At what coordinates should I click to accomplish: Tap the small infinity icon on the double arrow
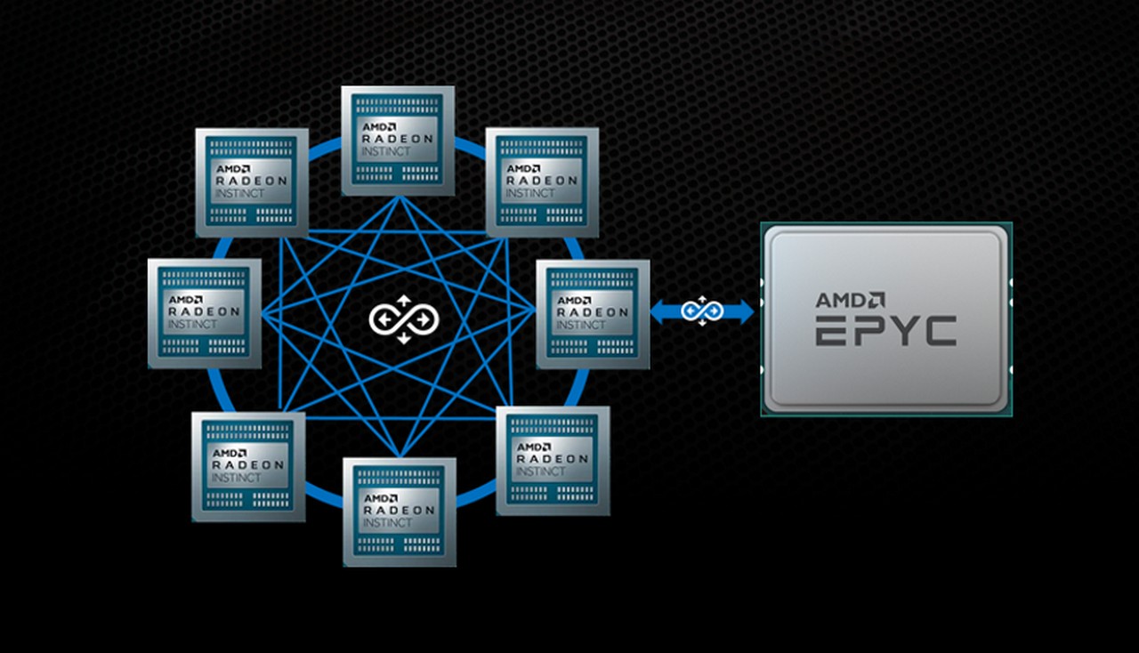tap(702, 310)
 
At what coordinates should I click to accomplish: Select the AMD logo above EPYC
tap(850, 300)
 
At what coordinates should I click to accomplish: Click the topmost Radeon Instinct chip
tap(398, 141)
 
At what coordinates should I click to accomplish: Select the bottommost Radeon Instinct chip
tap(400, 512)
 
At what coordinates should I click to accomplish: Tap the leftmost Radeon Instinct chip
tap(205, 313)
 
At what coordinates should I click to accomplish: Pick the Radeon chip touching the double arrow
tap(593, 314)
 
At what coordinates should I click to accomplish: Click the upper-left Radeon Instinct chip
tap(252, 182)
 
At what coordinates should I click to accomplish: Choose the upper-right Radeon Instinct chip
tap(542, 182)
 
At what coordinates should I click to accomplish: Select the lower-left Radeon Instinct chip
tap(248, 466)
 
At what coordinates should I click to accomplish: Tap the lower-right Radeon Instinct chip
tap(553, 460)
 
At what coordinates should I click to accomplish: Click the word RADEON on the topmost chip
tap(398, 139)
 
